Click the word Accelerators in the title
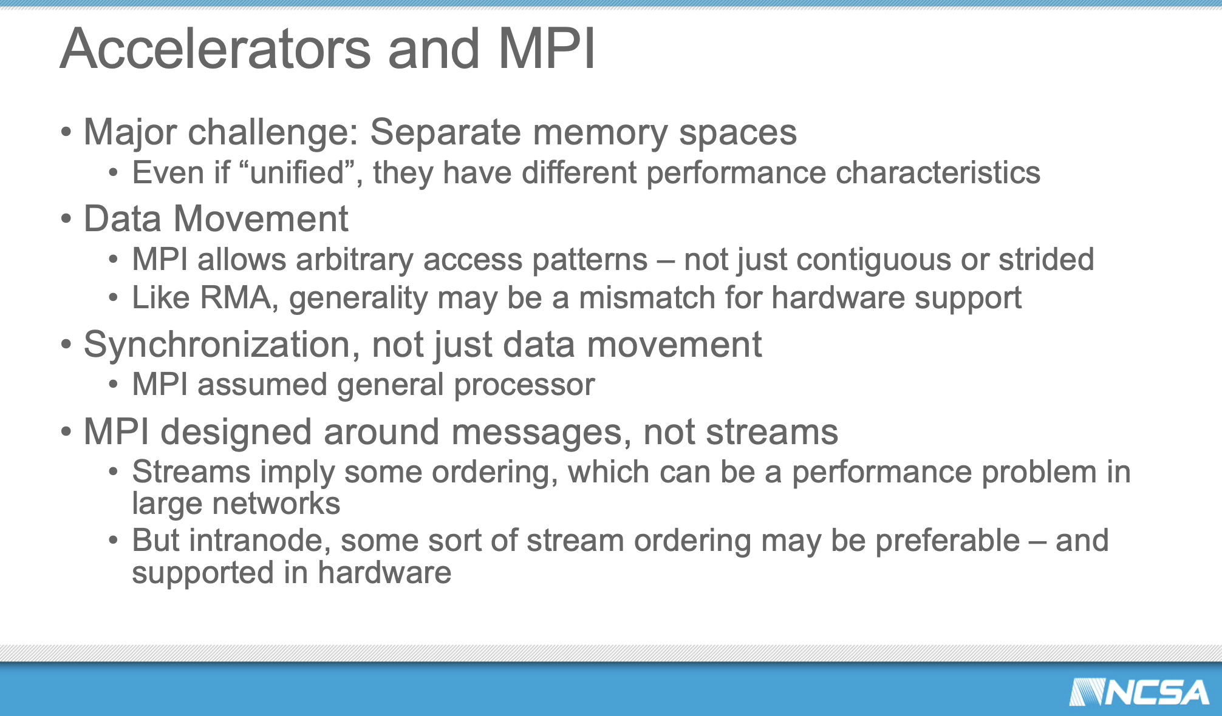(x=216, y=49)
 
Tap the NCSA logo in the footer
(x=1139, y=692)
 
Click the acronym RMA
(x=235, y=298)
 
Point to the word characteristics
(x=938, y=172)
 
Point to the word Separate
(x=446, y=133)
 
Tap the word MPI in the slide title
(x=546, y=49)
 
